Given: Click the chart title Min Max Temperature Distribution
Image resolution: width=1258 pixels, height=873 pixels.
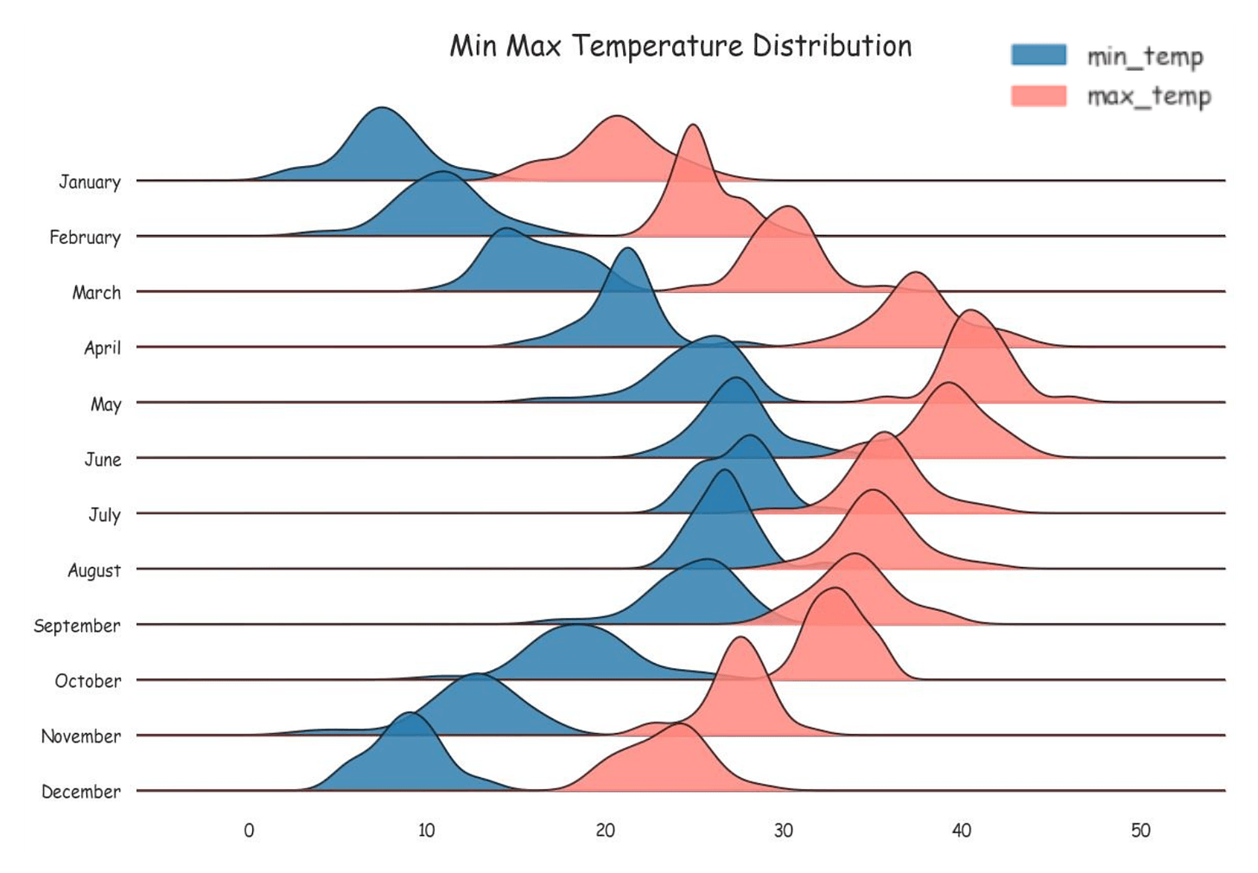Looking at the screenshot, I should [680, 46].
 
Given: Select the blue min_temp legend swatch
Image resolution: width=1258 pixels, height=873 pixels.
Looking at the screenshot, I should [1039, 55].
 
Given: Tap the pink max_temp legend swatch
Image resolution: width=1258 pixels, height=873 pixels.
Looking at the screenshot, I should [1039, 95].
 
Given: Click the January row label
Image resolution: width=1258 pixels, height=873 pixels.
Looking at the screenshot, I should [89, 182].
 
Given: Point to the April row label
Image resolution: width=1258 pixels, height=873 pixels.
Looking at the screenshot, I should [102, 347].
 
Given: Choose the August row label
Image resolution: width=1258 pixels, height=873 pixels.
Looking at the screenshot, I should [94, 570].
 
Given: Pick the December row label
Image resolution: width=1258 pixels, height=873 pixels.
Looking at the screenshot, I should [80, 792].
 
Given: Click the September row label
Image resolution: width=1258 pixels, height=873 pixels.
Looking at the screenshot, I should [77, 625].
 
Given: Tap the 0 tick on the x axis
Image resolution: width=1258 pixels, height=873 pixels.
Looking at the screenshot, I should [249, 831].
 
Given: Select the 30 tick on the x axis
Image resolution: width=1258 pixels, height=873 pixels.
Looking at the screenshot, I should [783, 831].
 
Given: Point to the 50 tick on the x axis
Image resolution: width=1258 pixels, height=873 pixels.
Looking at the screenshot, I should [1140, 831].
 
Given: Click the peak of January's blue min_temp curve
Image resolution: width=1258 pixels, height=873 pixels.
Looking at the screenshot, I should [381, 108].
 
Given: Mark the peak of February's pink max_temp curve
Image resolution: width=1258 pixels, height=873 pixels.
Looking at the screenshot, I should [693, 125].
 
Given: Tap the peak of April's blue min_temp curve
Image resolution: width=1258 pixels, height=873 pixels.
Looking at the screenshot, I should [628, 249].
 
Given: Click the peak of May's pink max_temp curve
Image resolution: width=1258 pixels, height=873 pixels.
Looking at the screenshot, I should [970, 310].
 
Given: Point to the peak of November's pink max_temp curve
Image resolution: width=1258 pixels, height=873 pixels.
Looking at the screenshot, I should [740, 638].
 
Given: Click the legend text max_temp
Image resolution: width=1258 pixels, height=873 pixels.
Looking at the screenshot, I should [1148, 96].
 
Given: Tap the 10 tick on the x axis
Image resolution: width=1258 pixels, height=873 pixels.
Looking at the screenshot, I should [427, 831].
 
